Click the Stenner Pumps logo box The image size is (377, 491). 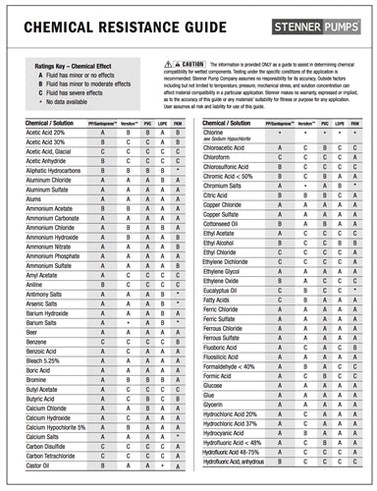pos(313,19)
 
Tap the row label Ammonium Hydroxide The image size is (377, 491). pos(53,237)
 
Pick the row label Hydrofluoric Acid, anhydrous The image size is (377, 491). pos(240,461)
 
